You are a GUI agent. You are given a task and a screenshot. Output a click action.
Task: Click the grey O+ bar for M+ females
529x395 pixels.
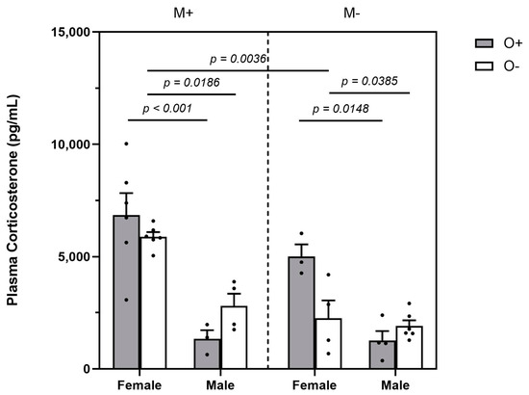coord(126,292)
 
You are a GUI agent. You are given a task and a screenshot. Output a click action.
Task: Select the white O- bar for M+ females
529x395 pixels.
coord(153,303)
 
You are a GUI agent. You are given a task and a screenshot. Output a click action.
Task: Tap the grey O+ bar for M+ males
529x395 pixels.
coord(207,354)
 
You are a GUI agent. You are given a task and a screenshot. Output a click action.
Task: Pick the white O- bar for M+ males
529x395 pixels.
coord(234,337)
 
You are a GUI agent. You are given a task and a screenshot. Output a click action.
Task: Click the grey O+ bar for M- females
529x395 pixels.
coord(302,312)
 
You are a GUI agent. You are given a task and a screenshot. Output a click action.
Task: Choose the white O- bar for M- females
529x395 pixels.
coord(328,343)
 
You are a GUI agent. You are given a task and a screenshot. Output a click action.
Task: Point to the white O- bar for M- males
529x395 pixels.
coord(409,348)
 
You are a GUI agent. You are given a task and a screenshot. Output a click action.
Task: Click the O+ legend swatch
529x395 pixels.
coord(484,43)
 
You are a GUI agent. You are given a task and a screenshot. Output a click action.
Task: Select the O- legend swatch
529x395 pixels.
coord(484,66)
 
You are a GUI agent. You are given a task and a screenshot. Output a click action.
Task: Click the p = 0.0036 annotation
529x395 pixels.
coord(239,59)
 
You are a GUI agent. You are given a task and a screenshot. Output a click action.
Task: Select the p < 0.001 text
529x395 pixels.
coord(167,109)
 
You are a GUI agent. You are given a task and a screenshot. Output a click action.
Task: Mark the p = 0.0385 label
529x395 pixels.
coord(369,81)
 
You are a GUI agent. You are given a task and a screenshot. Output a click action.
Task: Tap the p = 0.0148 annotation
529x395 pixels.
coord(340,109)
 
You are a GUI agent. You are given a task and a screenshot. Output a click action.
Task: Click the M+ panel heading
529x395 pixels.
coord(183,13)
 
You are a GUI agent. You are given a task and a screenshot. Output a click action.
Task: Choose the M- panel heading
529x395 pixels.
coord(351,13)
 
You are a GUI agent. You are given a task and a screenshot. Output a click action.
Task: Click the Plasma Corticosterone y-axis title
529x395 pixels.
coord(13,200)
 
